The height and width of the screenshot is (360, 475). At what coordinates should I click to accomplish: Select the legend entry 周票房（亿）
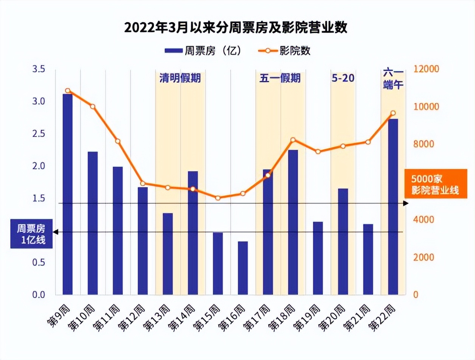coord(203,50)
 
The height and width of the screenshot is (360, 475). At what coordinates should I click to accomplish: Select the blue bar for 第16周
coord(243,268)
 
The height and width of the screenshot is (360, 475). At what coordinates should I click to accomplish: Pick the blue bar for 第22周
coord(393,207)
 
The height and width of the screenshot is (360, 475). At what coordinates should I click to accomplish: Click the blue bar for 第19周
coord(318,258)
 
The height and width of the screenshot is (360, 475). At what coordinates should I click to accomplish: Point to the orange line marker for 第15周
coord(218,198)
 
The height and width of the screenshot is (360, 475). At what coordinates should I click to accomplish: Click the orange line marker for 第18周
coord(293,140)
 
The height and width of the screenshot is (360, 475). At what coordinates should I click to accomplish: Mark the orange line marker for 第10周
coord(93,106)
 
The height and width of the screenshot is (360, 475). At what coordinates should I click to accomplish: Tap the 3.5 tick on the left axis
coord(39,69)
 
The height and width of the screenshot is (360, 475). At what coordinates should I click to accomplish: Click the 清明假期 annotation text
coord(180,78)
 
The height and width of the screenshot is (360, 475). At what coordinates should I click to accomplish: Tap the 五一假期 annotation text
coord(280,78)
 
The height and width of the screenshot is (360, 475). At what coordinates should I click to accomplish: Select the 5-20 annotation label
coord(343,78)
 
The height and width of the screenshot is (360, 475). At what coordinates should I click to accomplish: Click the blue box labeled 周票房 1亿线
coord(31,234)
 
